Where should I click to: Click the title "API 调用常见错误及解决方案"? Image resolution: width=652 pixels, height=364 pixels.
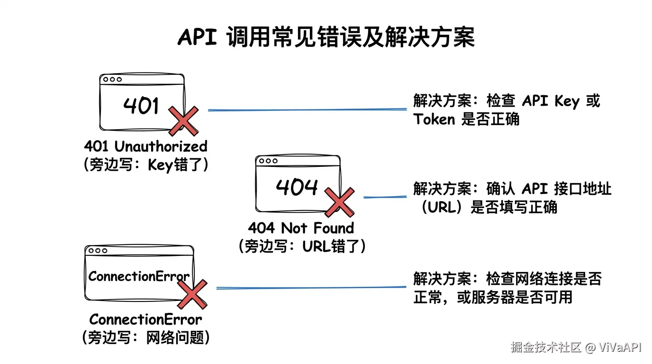coord(326,37)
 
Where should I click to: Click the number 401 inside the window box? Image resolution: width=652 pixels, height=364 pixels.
coord(141,105)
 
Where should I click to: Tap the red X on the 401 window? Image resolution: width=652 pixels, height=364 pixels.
coord(183,121)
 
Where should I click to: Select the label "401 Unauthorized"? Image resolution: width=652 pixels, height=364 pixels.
coord(145,146)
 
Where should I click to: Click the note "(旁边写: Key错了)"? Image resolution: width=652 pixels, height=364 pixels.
coord(145,165)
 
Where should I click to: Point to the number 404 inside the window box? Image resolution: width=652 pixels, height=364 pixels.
coord(297,187)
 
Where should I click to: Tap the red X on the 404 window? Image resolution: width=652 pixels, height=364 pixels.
coord(339,202)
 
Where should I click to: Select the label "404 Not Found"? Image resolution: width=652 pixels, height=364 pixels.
coord(301,228)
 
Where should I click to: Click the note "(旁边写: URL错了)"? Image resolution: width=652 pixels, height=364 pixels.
coord(302,246)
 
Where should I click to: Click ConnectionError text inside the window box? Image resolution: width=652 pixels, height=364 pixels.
coord(139,276)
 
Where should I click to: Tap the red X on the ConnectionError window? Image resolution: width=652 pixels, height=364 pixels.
coord(192,294)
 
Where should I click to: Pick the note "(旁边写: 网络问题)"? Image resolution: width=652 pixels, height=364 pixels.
coord(145,337)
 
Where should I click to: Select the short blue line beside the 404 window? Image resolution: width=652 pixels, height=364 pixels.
coord(385,197)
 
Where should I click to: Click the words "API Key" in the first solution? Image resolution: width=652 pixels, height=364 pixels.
coord(550,101)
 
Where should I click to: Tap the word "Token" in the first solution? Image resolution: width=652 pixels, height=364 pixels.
coord(434,119)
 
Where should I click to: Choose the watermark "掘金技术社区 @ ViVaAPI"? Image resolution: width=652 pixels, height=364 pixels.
coord(576,347)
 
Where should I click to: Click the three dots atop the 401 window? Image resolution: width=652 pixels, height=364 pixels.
coord(112,80)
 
